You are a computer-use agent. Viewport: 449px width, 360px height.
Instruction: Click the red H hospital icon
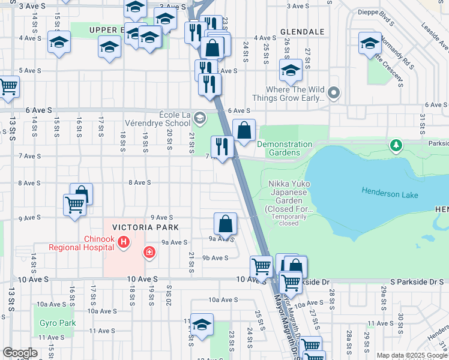click(x=123, y=242)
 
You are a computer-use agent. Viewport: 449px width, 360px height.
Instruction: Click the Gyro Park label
click(x=58, y=323)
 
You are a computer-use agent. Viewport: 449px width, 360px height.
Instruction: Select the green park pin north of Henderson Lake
click(x=396, y=145)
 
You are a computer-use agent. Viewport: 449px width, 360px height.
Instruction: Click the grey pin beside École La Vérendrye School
click(x=200, y=118)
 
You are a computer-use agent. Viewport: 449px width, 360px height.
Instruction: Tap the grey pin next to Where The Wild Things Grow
click(x=334, y=94)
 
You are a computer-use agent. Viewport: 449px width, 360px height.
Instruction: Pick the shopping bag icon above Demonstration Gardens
click(x=244, y=130)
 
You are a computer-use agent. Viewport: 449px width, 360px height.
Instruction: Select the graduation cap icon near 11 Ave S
click(x=202, y=324)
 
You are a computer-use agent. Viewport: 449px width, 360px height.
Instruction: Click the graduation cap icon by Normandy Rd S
click(x=370, y=43)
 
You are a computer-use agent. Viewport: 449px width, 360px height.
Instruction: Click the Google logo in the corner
click(x=20, y=353)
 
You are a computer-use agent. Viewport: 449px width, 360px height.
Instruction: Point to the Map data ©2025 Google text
click(x=411, y=355)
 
